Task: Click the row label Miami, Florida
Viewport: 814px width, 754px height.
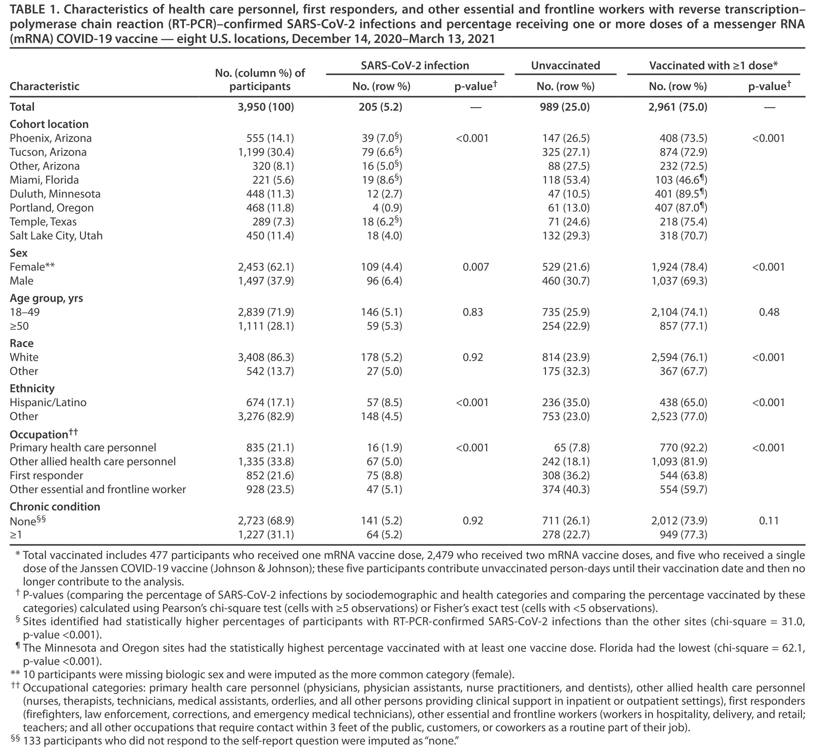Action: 44,180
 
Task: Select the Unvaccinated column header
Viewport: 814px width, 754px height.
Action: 565,65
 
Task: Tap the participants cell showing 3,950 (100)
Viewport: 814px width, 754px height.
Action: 266,107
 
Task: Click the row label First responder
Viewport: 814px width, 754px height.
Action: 47,475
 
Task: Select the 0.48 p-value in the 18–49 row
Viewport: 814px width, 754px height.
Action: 769,312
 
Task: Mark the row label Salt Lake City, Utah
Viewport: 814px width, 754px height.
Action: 56,235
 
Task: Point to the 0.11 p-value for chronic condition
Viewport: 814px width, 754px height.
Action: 769,521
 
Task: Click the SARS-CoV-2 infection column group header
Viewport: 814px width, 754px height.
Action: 415,65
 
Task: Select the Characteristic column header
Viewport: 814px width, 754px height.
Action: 45,86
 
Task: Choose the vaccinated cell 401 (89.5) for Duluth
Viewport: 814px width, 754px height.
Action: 680,194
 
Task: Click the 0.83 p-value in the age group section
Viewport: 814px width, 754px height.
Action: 473,312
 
